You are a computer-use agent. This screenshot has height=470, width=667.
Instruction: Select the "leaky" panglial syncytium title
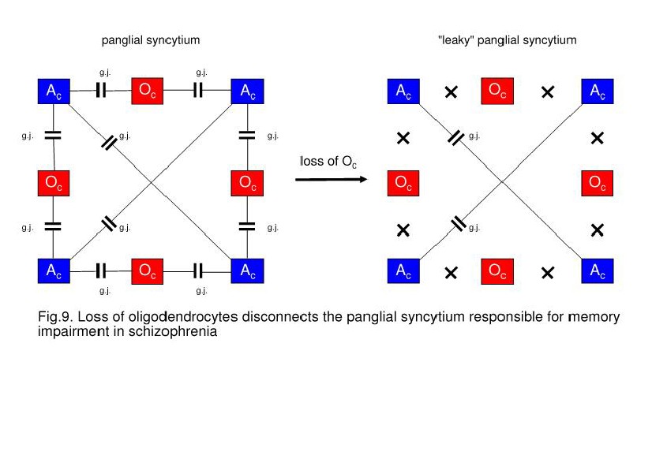(507, 39)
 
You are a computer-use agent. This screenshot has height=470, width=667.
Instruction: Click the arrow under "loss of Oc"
(332, 181)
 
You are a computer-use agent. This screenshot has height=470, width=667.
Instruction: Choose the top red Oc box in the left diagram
(148, 91)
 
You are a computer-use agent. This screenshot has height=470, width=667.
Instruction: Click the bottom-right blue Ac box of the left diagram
(248, 271)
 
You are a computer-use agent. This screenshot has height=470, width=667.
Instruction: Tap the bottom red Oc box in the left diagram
(148, 271)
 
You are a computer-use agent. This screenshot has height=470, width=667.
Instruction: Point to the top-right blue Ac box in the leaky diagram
(598, 91)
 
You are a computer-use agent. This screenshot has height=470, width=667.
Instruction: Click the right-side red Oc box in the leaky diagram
(598, 184)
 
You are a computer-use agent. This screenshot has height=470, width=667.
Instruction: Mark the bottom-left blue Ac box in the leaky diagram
(403, 271)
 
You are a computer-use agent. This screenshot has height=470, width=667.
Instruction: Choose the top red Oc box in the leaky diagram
(497, 91)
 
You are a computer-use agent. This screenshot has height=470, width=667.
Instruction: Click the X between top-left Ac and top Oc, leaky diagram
(451, 92)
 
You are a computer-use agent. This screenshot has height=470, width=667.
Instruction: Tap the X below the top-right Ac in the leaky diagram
(598, 138)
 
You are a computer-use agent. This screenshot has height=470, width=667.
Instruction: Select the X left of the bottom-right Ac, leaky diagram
(548, 273)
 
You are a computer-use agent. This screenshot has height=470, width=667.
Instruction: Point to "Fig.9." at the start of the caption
(53, 317)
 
